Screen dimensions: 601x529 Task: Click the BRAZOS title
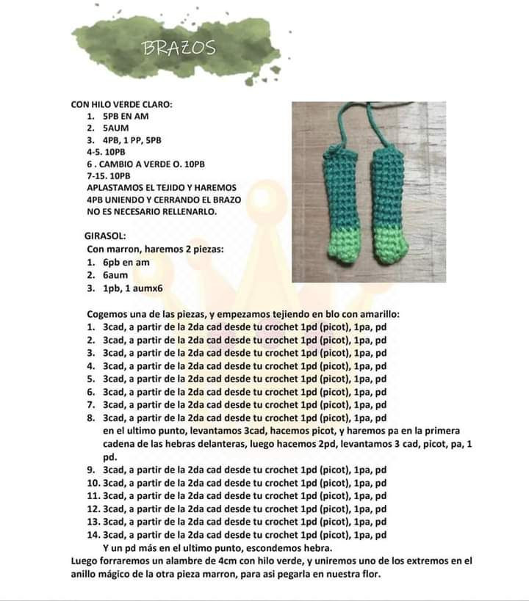tap(179, 48)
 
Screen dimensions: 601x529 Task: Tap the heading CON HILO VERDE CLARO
tap(121, 104)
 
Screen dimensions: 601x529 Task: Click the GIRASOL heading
tap(105, 236)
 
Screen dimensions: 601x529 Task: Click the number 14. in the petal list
tap(93, 535)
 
